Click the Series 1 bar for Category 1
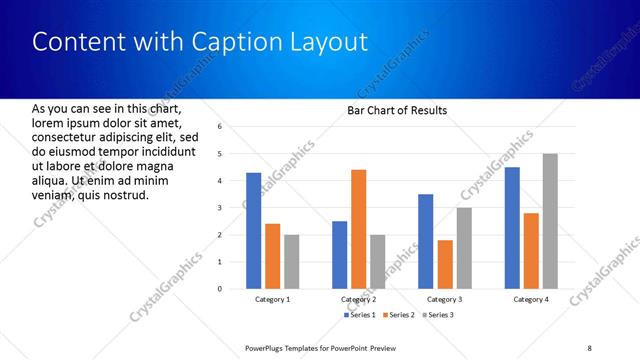point(253,231)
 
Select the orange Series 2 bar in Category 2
point(359,229)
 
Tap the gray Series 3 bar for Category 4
point(550,221)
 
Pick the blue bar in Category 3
point(425,241)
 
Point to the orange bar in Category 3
point(445,264)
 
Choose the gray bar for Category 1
point(291,262)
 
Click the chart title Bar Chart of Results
point(397,110)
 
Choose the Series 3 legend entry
point(436,315)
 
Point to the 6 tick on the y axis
point(234,127)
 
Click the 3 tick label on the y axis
point(234,208)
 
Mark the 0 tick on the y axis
point(234,289)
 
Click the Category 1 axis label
point(271,299)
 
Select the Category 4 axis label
point(530,299)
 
